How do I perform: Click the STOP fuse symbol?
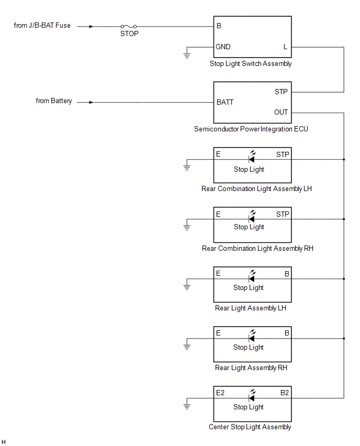129,27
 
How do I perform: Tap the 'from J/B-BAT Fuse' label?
42,25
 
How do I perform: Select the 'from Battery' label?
54,101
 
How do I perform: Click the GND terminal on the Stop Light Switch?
223,47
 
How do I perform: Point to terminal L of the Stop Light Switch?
285,47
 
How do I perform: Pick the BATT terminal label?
225,102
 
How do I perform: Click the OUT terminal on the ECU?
281,113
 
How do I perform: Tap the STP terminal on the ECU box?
281,92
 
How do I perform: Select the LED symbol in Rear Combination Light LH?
252,157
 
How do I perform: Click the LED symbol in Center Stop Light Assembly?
252,395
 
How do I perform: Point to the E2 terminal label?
220,393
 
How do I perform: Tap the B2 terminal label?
284,393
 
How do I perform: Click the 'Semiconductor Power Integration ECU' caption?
251,129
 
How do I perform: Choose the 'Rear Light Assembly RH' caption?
251,368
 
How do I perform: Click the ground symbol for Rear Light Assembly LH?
187,287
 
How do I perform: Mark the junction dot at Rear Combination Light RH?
344,219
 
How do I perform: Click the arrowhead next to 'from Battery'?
91,102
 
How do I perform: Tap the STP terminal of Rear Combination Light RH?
283,214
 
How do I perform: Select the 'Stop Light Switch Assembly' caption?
251,64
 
